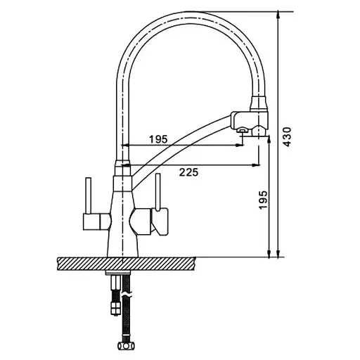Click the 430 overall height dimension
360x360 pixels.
[287, 137]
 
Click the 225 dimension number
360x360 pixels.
[188, 172]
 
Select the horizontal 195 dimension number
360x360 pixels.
[159, 139]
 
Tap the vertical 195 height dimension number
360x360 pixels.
[263, 200]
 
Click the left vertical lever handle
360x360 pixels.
[88, 195]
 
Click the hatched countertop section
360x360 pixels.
[126, 264]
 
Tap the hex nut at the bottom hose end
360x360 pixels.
[126, 345]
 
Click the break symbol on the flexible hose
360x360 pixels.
[127, 294]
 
